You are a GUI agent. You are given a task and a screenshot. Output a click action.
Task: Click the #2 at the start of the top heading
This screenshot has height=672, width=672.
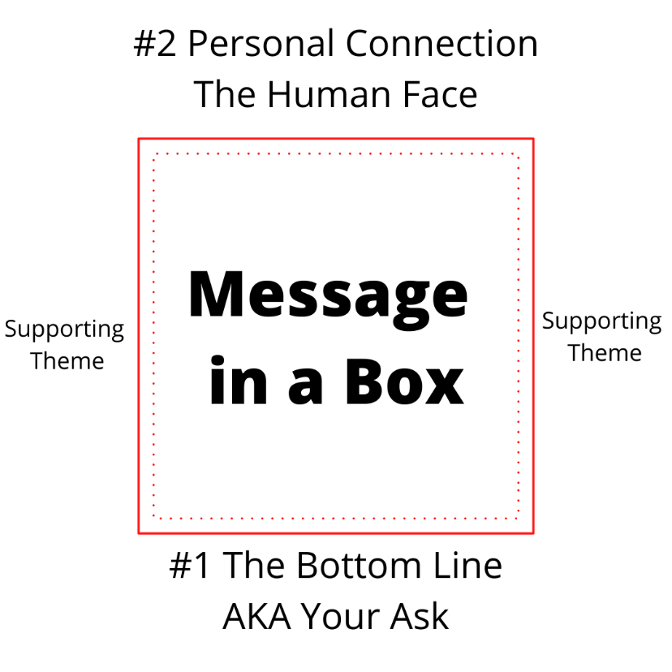click(x=155, y=44)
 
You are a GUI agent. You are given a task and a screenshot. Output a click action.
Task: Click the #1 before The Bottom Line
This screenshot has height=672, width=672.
click(x=191, y=566)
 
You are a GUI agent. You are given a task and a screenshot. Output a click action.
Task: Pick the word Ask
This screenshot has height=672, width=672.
click(x=422, y=617)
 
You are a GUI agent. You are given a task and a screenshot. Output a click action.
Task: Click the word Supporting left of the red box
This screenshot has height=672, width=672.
click(x=65, y=330)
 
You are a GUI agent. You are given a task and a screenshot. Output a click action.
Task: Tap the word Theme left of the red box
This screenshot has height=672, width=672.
click(x=67, y=360)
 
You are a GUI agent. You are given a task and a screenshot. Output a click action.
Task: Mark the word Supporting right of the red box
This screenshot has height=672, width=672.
click(x=601, y=322)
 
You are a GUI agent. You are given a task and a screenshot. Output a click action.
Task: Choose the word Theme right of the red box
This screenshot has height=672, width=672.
click(x=605, y=352)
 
